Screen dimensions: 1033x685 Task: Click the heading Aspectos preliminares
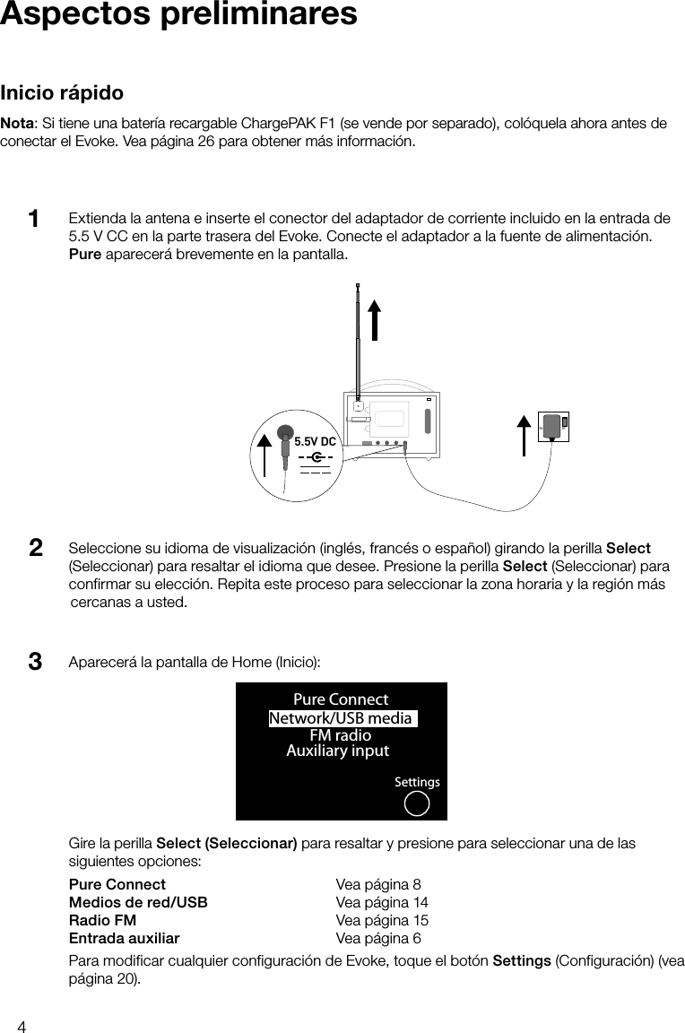pyautogui.click(x=178, y=15)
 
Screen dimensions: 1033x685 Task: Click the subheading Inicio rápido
pyautogui.click(x=62, y=93)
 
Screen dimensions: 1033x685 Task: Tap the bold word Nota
pyautogui.click(x=18, y=123)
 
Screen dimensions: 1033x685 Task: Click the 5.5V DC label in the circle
pyautogui.click(x=315, y=442)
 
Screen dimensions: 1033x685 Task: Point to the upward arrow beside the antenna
pyautogui.click(x=375, y=319)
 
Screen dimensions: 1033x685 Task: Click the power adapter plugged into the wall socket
pyautogui.click(x=554, y=427)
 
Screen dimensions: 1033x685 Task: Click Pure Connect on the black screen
pyautogui.click(x=341, y=699)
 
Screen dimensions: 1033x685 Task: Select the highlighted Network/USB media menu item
pyautogui.click(x=341, y=718)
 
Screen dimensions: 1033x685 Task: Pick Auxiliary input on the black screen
pyautogui.click(x=337, y=751)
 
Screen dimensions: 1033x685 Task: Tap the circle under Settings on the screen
pyautogui.click(x=417, y=803)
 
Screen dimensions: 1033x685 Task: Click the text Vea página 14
pyautogui.click(x=381, y=902)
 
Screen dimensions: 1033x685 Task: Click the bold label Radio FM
pyautogui.click(x=103, y=921)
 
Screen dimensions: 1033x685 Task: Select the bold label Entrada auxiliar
pyautogui.click(x=124, y=939)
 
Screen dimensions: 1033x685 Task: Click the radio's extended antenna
pyautogui.click(x=358, y=341)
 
